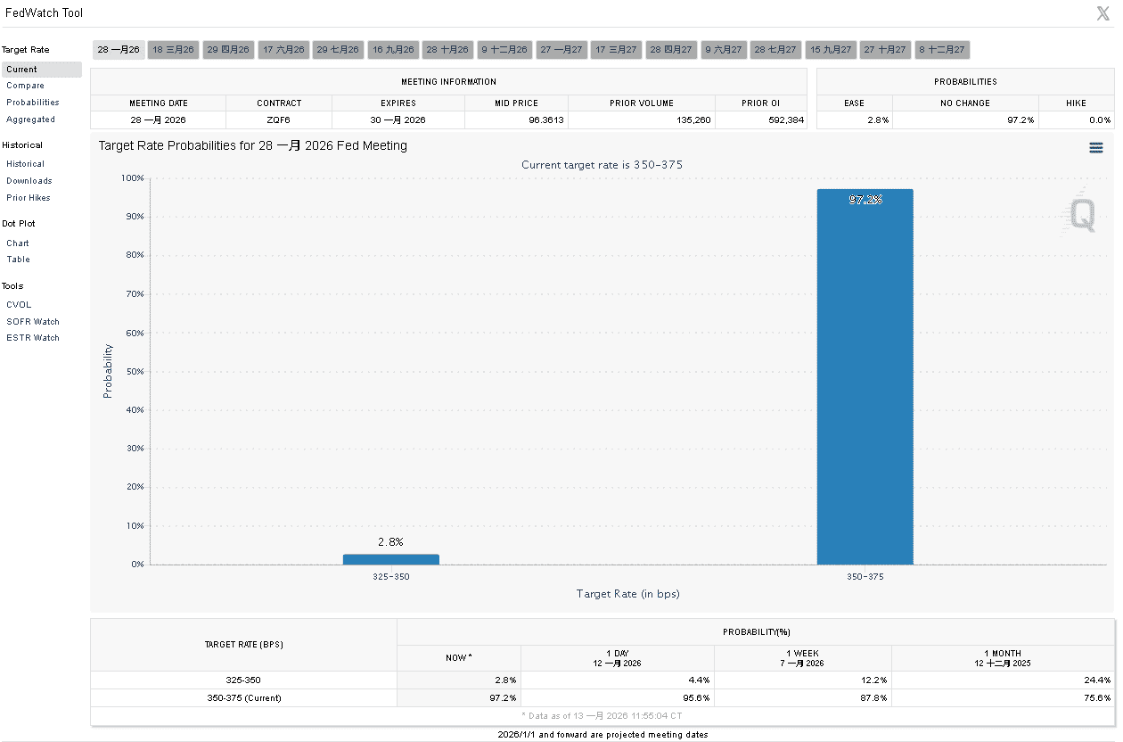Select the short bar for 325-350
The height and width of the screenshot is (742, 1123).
(390, 559)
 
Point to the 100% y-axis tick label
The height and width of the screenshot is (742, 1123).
(133, 178)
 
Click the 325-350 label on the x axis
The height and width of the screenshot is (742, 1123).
(390, 577)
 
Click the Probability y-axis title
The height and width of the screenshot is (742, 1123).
(108, 370)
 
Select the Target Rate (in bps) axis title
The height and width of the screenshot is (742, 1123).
(627, 594)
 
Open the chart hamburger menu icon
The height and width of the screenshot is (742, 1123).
(1096, 148)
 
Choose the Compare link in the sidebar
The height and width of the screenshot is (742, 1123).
(25, 86)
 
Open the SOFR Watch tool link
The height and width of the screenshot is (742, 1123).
(33, 322)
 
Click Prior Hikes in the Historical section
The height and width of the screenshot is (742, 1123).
(29, 198)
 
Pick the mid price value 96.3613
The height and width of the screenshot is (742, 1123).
(545, 120)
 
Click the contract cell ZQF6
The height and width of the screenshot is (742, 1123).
(279, 120)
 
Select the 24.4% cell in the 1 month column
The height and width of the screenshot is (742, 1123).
(1096, 680)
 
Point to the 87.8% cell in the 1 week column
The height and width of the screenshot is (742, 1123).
(874, 698)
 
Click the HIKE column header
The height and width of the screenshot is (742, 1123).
(1076, 103)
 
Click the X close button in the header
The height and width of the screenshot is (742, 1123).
(1103, 13)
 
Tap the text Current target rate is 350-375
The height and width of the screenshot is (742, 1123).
(602, 165)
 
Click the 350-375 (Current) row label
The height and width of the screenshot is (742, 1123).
(243, 698)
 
